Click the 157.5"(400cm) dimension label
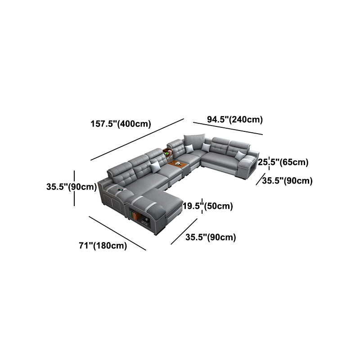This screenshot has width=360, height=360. (x=121, y=124)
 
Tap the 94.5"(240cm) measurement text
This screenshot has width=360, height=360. (x=235, y=119)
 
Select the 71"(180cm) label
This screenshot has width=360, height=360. (x=103, y=245)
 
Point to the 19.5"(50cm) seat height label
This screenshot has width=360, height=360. (x=208, y=206)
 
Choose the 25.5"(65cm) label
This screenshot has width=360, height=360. (x=283, y=162)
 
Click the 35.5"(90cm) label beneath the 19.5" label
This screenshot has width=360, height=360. (x=211, y=237)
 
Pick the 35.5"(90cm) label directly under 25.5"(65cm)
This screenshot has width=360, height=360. (x=288, y=181)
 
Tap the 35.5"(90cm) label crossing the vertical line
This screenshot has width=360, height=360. (x=72, y=187)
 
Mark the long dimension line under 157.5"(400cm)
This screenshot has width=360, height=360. (x=137, y=139)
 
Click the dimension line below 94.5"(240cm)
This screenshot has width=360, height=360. (x=228, y=128)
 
